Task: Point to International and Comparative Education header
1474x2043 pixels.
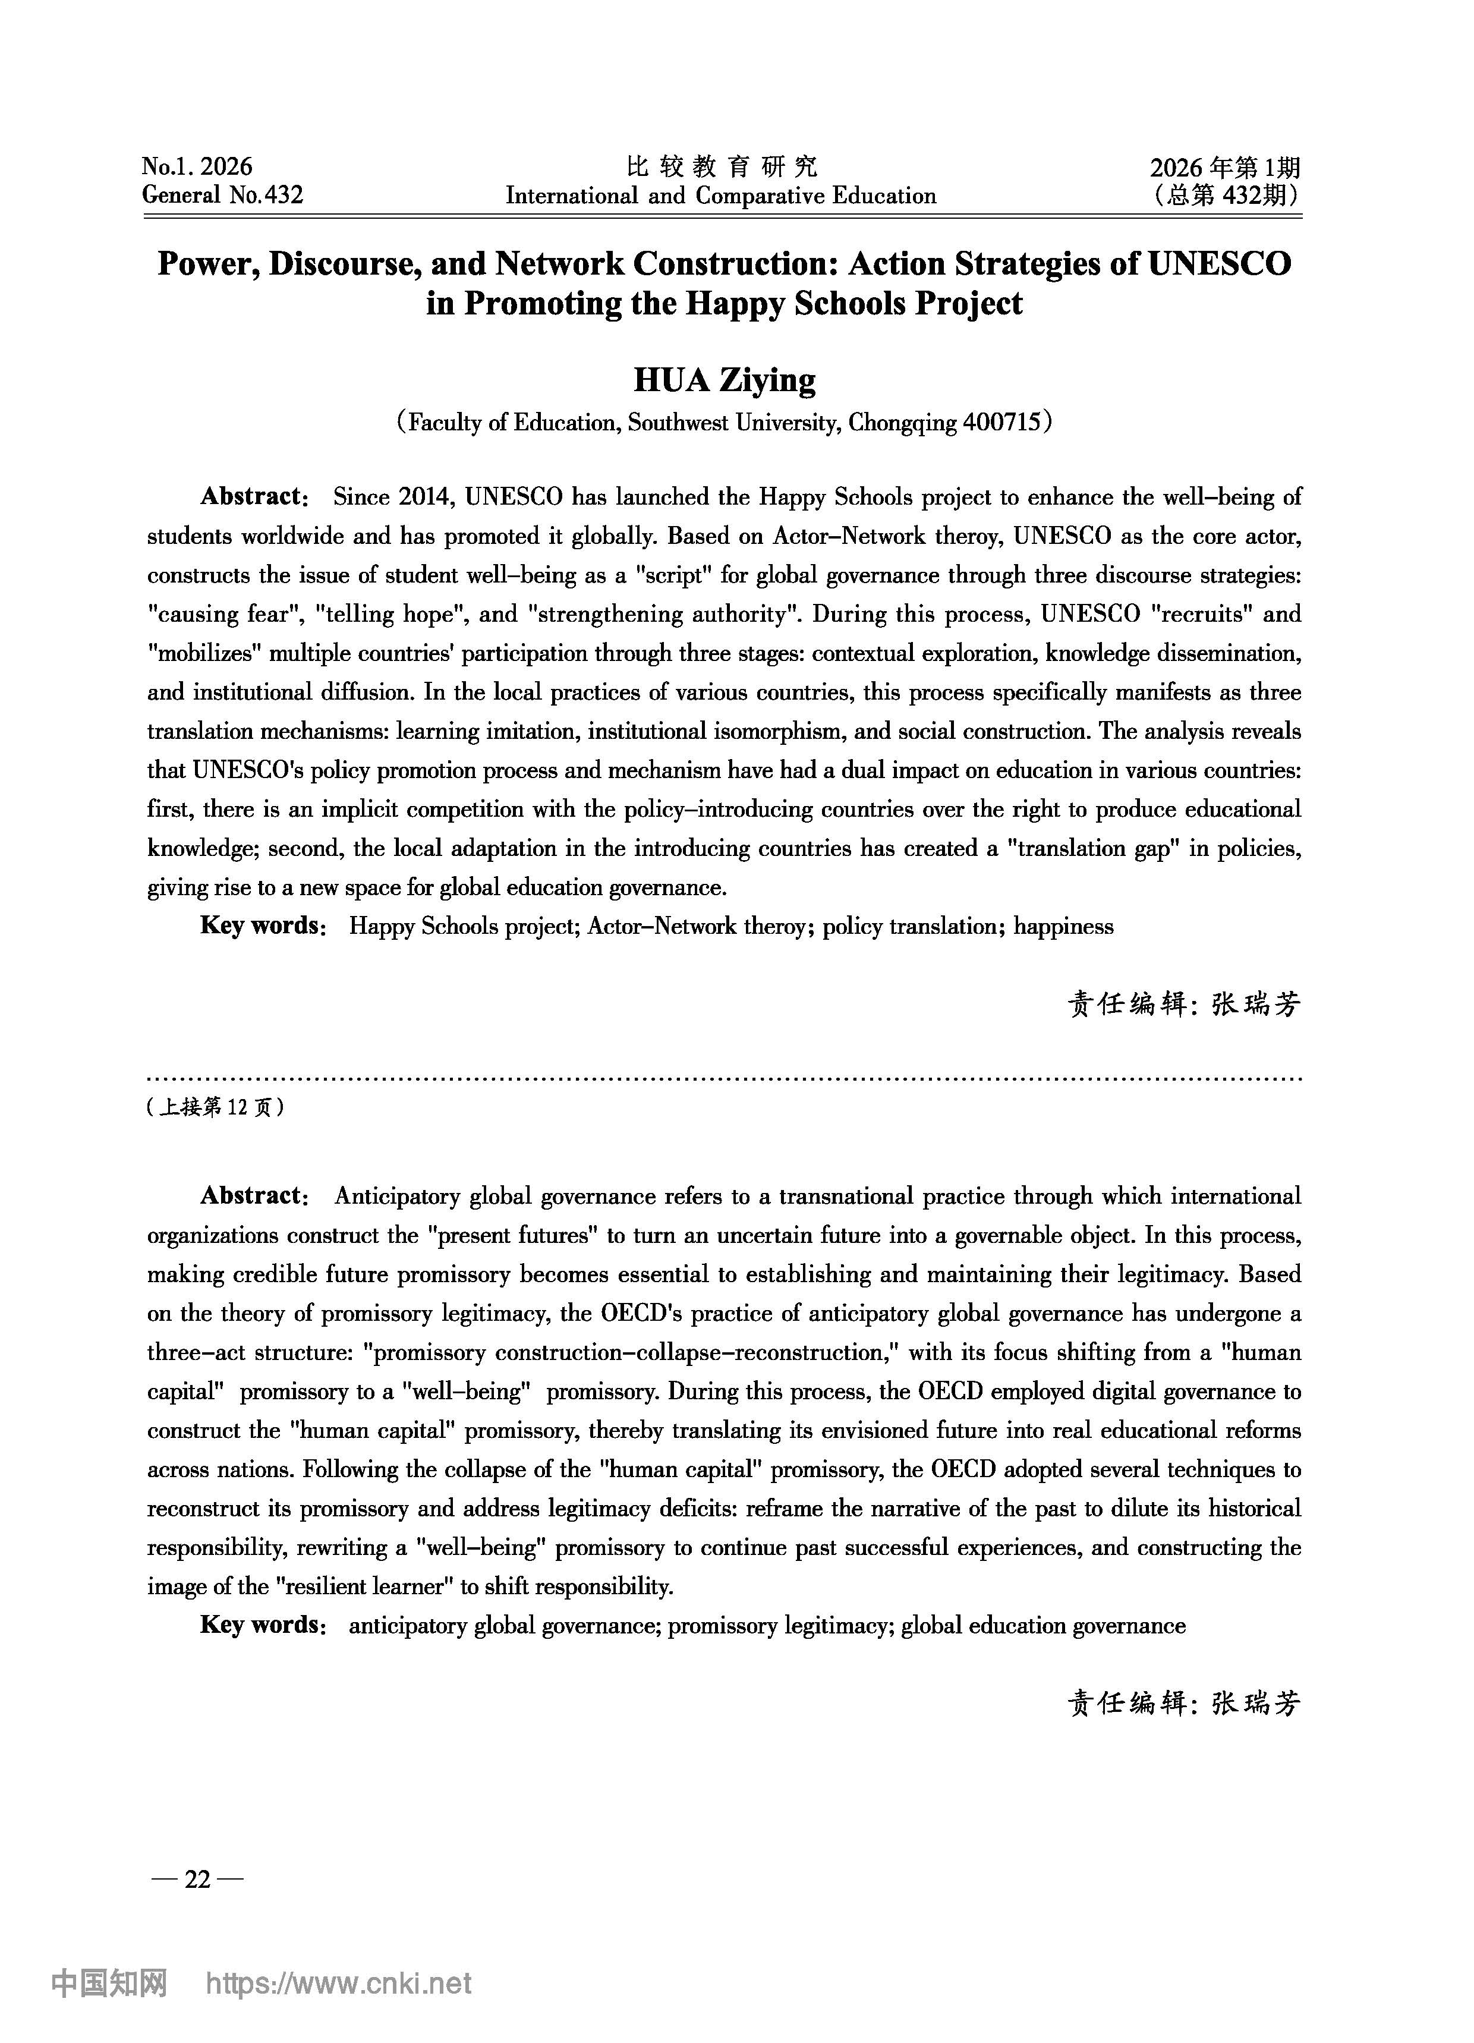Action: (x=721, y=196)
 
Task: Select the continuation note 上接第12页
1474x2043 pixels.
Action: (x=215, y=1107)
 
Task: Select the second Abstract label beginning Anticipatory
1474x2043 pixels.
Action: (x=254, y=1196)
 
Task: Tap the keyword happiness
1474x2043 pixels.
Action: (x=1063, y=926)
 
